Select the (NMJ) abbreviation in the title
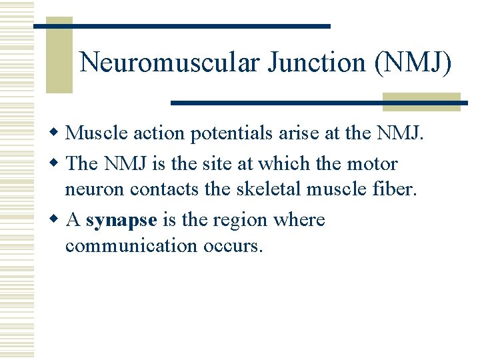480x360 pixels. click(413, 63)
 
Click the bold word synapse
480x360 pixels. click(121, 221)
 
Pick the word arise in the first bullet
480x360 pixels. click(293, 134)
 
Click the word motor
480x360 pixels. click(371, 163)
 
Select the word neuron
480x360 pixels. click(95, 189)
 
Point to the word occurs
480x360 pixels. click(231, 246)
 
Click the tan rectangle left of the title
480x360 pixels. click(59, 57)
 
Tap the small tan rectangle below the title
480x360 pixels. click(421, 102)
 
